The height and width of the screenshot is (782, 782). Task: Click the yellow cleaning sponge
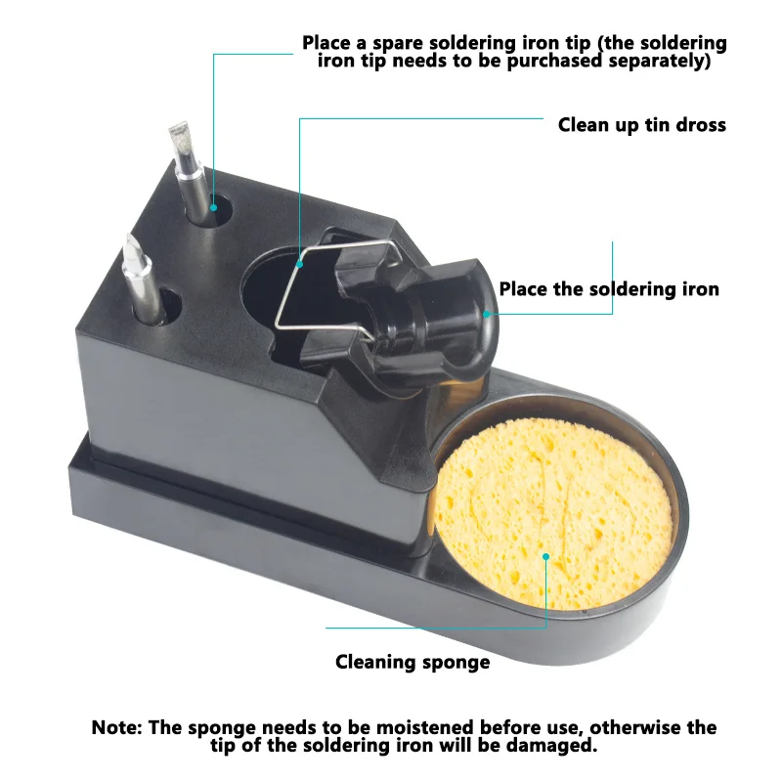click(x=552, y=523)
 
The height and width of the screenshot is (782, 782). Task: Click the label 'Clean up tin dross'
click(x=641, y=124)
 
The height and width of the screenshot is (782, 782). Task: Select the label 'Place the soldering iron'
click(x=608, y=289)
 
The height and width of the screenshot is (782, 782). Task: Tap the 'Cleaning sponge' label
click(x=412, y=662)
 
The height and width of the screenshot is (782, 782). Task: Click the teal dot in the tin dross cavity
click(x=299, y=261)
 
